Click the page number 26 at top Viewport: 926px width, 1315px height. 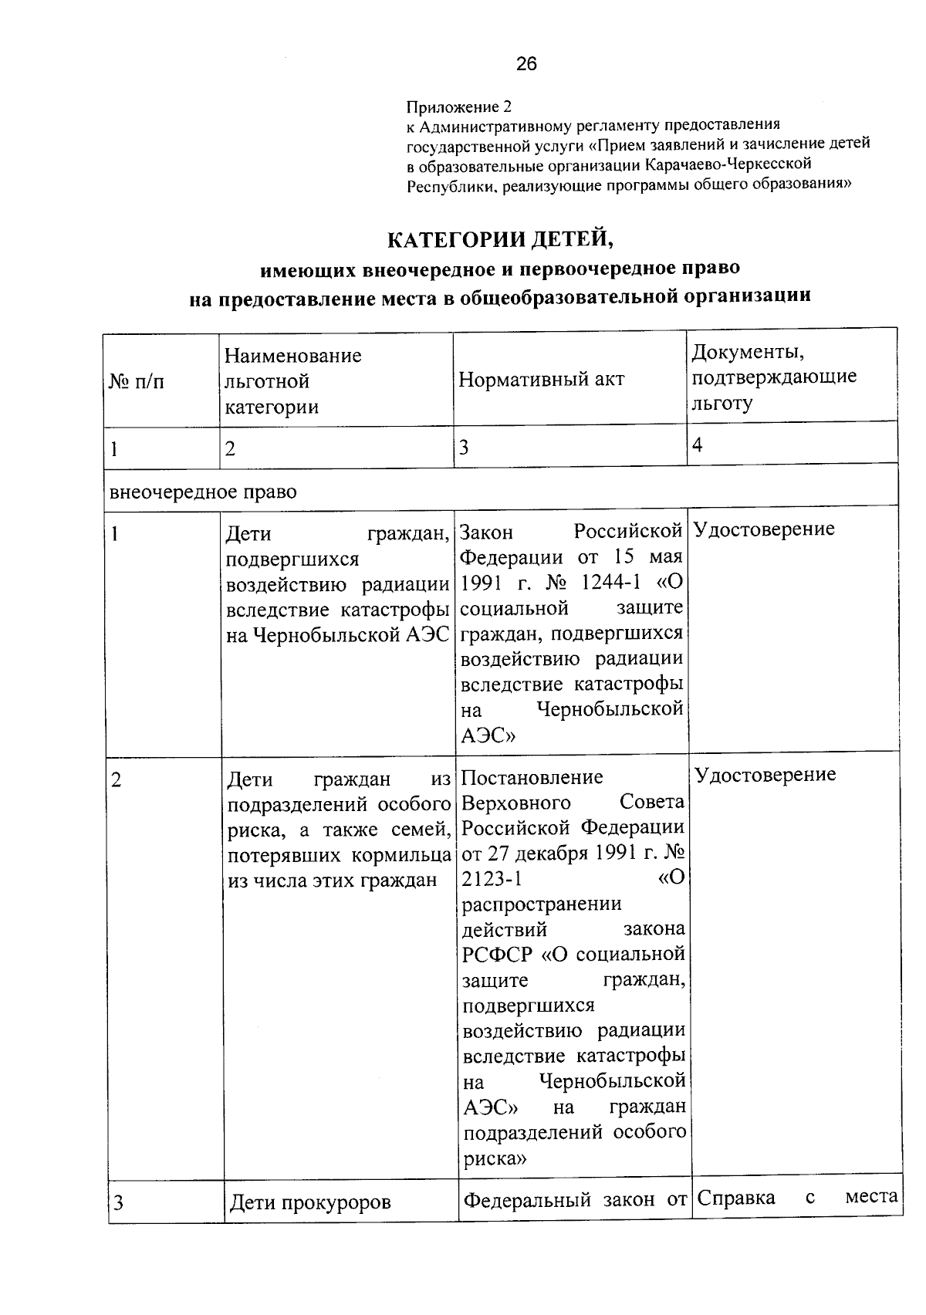pyautogui.click(x=526, y=64)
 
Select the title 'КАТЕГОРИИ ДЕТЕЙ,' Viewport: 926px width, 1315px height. pyautogui.click(x=500, y=240)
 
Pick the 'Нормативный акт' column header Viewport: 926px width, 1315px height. pyautogui.click(x=541, y=379)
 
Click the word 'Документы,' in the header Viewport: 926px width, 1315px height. pyautogui.click(x=748, y=352)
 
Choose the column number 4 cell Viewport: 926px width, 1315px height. pyautogui.click(x=698, y=445)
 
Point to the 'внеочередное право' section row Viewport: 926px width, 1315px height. pyautogui.click(x=203, y=492)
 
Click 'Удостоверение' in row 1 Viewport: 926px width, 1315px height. pyautogui.click(x=764, y=529)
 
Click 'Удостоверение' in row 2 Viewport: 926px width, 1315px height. pyautogui.click(x=765, y=775)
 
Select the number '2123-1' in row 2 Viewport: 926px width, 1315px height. pyautogui.click(x=492, y=879)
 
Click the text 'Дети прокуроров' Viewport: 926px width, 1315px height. pyautogui.click(x=310, y=1202)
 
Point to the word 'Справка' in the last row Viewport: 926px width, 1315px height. pyautogui.click(x=736, y=1198)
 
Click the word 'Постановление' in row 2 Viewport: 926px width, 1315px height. pyautogui.click(x=532, y=777)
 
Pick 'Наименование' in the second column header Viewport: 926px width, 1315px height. pyautogui.click(x=292, y=356)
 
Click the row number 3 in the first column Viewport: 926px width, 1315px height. pyautogui.click(x=117, y=1202)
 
